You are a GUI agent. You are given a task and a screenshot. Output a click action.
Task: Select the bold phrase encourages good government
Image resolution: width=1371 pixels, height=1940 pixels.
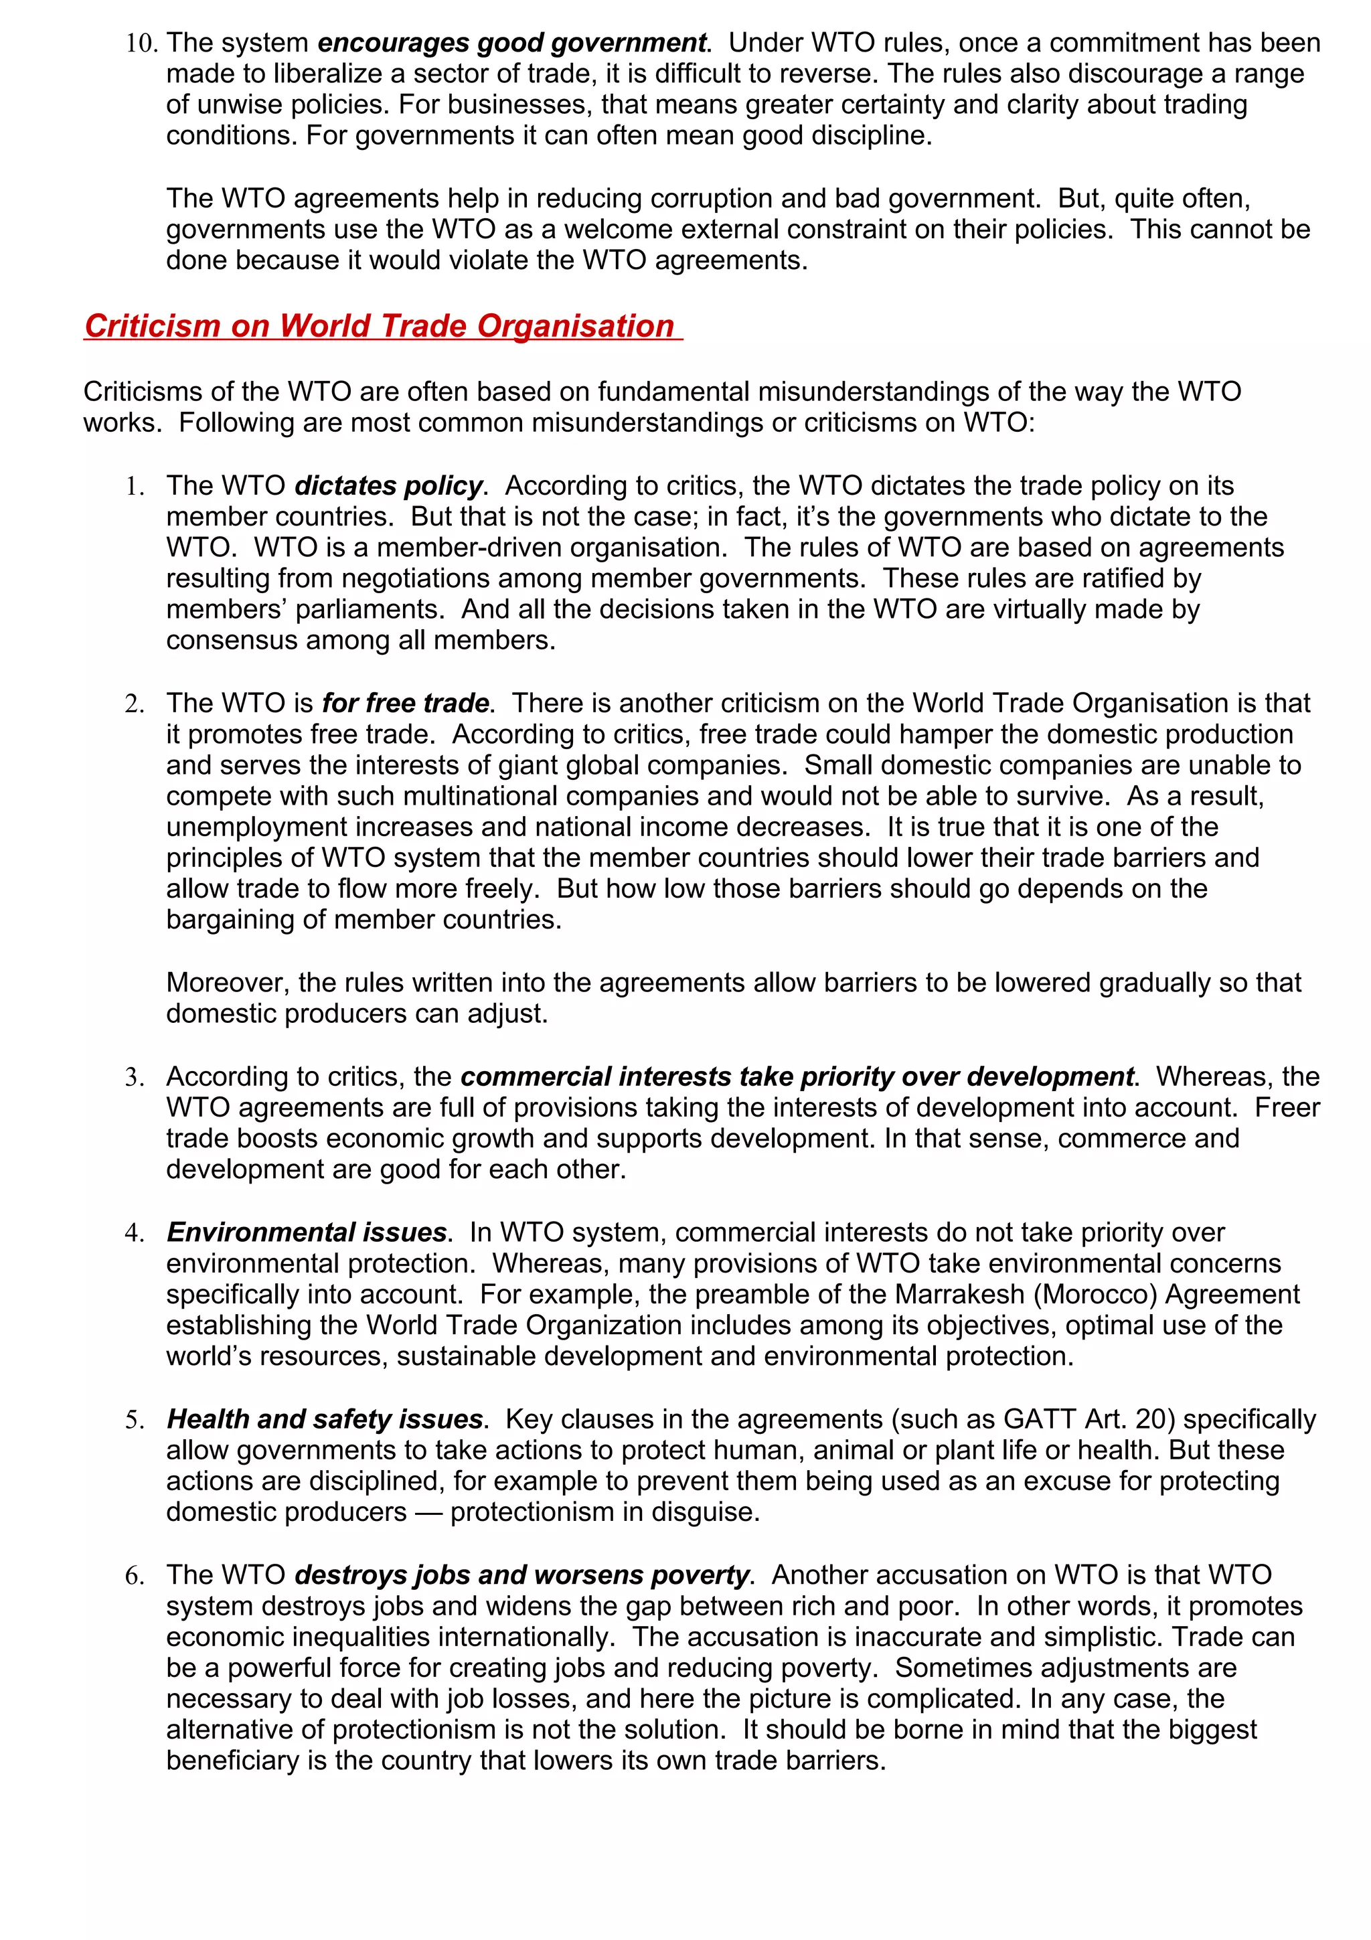pyautogui.click(x=511, y=43)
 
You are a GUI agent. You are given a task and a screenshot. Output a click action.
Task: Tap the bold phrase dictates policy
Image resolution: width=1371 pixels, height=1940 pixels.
pyautogui.click(x=388, y=486)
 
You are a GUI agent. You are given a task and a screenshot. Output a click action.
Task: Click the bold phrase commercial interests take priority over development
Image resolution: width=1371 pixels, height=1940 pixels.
pyautogui.click(x=797, y=1076)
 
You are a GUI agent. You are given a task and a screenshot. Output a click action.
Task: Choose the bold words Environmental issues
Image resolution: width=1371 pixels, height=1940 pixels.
pyautogui.click(x=306, y=1233)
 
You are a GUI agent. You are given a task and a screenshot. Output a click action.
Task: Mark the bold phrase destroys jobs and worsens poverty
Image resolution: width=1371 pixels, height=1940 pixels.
pyautogui.click(x=521, y=1575)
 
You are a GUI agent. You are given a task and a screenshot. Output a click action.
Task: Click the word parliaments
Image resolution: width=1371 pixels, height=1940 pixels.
pyautogui.click(x=361, y=609)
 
